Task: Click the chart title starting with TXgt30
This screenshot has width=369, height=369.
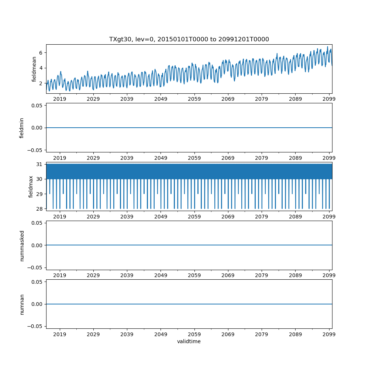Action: click(189, 39)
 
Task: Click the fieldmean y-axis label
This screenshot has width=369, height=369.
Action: click(34, 69)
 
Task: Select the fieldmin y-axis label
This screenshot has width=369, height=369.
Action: click(22, 128)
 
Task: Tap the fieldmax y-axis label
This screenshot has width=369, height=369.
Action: click(31, 186)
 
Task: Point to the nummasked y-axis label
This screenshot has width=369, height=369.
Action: click(22, 245)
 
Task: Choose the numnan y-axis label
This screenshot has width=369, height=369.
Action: click(22, 304)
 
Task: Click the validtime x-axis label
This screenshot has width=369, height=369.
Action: click(189, 341)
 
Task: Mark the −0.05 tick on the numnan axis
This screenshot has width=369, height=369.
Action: click(37, 326)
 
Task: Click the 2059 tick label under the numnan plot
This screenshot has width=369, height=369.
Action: click(194, 334)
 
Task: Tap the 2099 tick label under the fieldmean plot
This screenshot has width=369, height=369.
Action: click(329, 99)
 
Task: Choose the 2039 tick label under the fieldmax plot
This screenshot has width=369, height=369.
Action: click(127, 217)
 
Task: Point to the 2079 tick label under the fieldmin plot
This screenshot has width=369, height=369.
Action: click(262, 158)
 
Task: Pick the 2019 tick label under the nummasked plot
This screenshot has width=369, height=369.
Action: click(60, 276)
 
